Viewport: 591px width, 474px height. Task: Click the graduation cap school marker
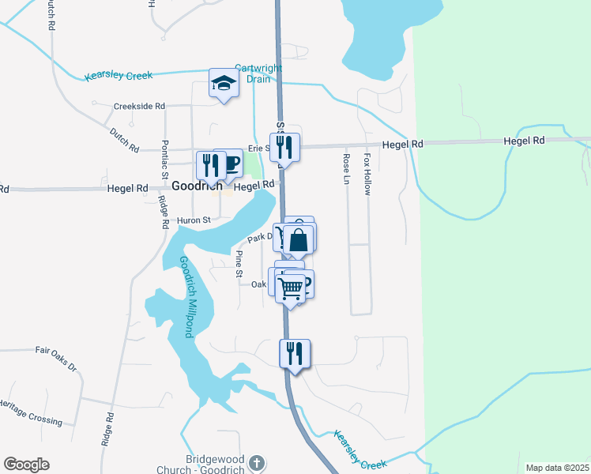coord(224,82)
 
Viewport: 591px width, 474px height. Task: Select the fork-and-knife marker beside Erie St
coord(284,147)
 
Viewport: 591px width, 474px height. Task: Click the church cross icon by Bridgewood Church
coord(255,462)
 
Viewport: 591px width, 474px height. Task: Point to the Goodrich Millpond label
coord(186,297)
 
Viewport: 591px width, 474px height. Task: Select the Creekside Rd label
coord(138,106)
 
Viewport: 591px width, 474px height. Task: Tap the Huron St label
coord(194,220)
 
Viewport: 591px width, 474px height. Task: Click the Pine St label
coord(239,264)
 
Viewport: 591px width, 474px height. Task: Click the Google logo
coord(26,465)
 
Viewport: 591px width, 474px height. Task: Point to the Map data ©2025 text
coord(557,468)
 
